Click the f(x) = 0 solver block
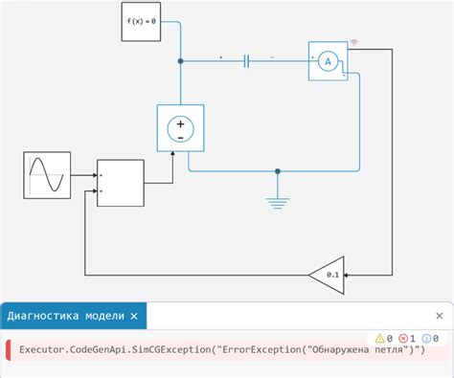pos(140,20)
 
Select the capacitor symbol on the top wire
pos(246,61)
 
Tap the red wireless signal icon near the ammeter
pos(354,42)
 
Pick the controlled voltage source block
pos(180,128)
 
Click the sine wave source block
pos(47,176)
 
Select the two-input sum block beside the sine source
pos(121,183)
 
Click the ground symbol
pos(278,201)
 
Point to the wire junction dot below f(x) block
pos(180,61)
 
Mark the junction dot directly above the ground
pos(278,172)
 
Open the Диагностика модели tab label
pos(65,315)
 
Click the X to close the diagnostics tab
pos(134,315)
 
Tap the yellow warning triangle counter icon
pos(379,338)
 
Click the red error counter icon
pos(403,338)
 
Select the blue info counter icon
pos(427,338)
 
